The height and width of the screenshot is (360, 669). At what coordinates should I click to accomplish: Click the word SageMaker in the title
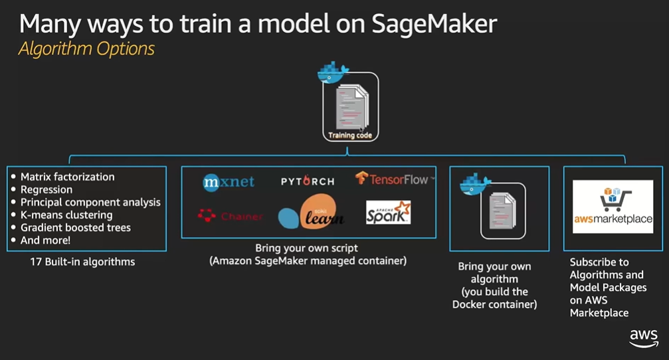pyautogui.click(x=434, y=23)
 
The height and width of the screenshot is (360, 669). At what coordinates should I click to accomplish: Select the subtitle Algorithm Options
pyautogui.click(x=86, y=48)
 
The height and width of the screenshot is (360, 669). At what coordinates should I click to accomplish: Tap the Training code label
pyautogui.click(x=350, y=135)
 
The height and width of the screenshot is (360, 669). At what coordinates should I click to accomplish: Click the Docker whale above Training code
pyautogui.click(x=333, y=72)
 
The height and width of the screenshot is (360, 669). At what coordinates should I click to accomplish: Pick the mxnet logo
pyautogui.click(x=229, y=182)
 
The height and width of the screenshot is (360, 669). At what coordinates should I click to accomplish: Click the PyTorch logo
pyautogui.click(x=307, y=181)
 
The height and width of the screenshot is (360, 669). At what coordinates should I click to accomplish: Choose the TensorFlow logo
pyautogui.click(x=395, y=179)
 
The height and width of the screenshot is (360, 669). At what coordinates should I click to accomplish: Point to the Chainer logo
pyautogui.click(x=230, y=216)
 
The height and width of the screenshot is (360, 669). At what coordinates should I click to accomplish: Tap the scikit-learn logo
pyautogui.click(x=311, y=212)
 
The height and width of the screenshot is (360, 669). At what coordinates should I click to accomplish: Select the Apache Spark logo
pyautogui.click(x=388, y=213)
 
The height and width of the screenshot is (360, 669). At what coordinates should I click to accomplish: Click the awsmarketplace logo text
pyautogui.click(x=613, y=219)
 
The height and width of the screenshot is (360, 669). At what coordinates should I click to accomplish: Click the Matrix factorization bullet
pyautogui.click(x=67, y=177)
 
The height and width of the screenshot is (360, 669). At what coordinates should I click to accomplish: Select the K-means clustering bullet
pyautogui.click(x=66, y=215)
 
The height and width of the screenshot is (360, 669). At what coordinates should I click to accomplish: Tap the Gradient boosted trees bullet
pyautogui.click(x=76, y=227)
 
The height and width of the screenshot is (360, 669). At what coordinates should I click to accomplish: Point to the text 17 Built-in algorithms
pyautogui.click(x=82, y=262)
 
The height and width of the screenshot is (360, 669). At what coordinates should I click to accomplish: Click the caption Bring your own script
pyautogui.click(x=307, y=248)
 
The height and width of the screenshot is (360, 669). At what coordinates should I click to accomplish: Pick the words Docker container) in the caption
pyautogui.click(x=494, y=304)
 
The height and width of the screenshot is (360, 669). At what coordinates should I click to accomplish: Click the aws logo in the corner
pyautogui.click(x=644, y=338)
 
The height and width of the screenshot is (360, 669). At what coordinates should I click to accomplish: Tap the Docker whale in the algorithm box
pyautogui.click(x=474, y=184)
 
